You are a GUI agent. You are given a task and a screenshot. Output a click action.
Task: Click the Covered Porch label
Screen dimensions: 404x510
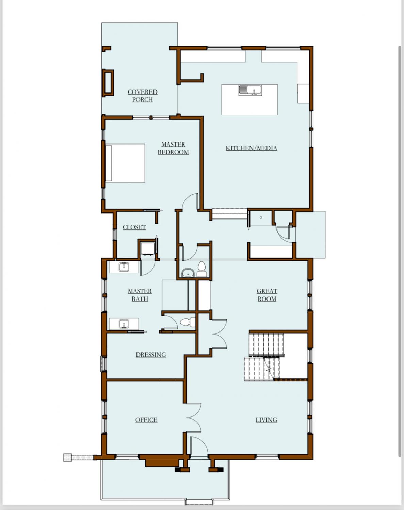click(x=142, y=96)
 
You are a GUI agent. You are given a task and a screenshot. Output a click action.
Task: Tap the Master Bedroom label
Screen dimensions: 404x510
click(x=173, y=148)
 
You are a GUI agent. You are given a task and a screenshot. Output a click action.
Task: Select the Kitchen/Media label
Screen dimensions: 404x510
click(x=251, y=148)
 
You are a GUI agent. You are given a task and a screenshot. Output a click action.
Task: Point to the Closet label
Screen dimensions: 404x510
click(x=134, y=227)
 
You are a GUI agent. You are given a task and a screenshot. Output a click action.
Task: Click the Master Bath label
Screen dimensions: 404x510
click(x=140, y=295)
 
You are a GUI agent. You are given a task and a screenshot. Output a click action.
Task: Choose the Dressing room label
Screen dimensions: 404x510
click(x=151, y=355)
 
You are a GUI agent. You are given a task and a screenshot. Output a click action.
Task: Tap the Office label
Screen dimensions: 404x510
click(x=146, y=420)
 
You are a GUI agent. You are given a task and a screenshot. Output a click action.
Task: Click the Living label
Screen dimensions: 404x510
click(x=266, y=420)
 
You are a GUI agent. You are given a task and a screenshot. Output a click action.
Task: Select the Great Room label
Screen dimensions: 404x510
click(x=267, y=295)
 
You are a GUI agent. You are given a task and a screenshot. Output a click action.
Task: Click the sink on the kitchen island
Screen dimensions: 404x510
click(x=250, y=90)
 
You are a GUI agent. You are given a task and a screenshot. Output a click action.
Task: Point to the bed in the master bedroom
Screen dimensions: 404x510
click(x=125, y=163)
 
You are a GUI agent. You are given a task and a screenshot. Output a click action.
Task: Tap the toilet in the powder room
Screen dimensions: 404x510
click(x=201, y=269)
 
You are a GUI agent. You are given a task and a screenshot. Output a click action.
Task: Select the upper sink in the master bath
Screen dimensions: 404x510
click(x=124, y=267)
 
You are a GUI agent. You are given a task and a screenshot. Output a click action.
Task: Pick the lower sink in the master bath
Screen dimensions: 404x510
click(x=124, y=324)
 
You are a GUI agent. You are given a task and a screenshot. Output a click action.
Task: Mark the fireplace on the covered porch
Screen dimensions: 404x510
click(x=108, y=83)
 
